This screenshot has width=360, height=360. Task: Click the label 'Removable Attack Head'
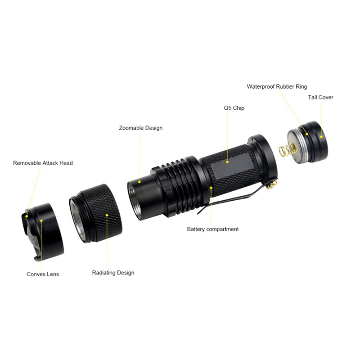(43, 163)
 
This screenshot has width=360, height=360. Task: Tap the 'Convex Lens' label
(43, 274)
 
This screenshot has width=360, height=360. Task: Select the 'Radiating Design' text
(113, 273)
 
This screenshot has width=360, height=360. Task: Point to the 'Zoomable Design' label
(141, 128)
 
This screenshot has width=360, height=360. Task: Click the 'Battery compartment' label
(213, 229)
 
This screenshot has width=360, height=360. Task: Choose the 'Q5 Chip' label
(234, 108)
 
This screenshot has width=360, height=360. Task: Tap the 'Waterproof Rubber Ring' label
(277, 86)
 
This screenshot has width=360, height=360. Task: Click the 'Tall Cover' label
(320, 97)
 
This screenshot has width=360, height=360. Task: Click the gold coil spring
(287, 150)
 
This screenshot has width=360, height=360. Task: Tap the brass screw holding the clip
(272, 184)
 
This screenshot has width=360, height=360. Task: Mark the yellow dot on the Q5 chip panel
(227, 162)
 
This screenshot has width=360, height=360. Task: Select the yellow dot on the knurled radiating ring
(107, 215)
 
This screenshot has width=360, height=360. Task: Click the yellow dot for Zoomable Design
(139, 182)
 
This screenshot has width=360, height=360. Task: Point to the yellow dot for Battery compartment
(211, 188)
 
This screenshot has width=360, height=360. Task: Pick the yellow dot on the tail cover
(321, 137)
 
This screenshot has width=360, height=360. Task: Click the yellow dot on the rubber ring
(307, 134)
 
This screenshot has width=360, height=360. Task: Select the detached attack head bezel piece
(42, 232)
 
